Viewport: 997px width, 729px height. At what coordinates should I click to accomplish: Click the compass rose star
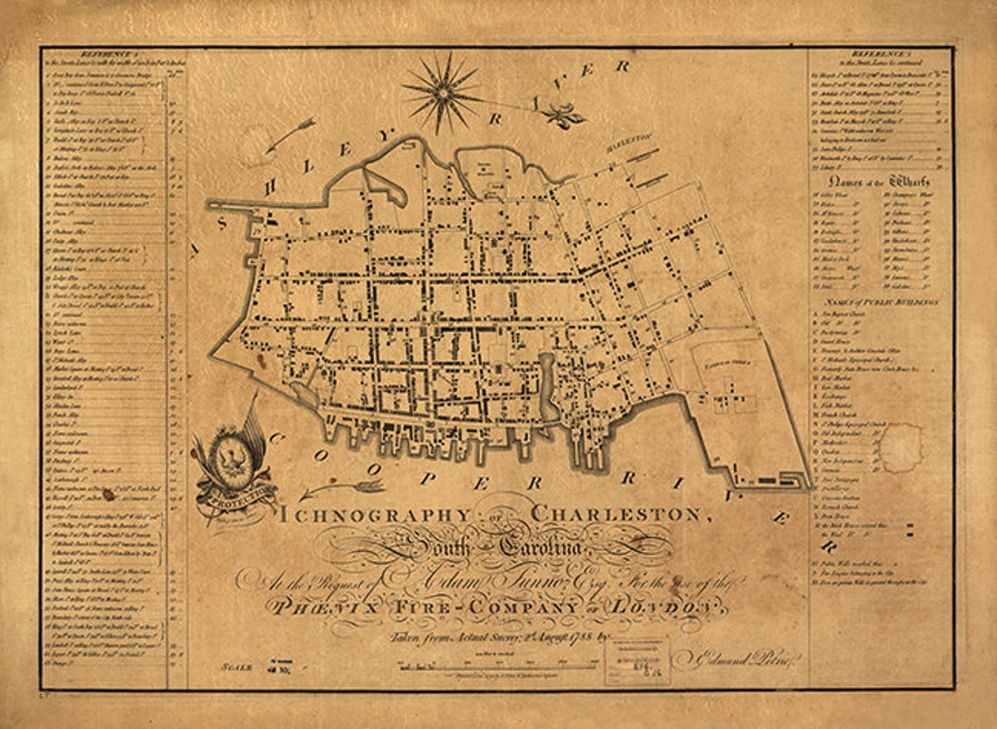click(442, 91)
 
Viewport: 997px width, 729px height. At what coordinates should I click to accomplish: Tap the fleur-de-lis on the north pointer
click(560, 114)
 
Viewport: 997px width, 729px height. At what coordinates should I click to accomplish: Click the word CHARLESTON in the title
click(621, 513)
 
